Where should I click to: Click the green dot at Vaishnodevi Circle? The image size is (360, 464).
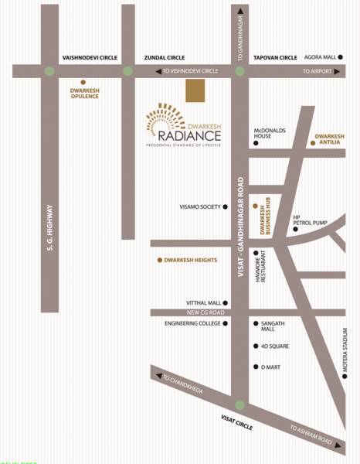point(50,71)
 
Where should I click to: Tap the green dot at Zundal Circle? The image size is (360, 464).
point(127,71)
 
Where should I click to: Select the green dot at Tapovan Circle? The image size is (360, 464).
point(240,71)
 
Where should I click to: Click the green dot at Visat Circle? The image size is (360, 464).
point(240,404)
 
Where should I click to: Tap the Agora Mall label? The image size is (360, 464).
point(321,57)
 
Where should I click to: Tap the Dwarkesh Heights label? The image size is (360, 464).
point(190,261)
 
